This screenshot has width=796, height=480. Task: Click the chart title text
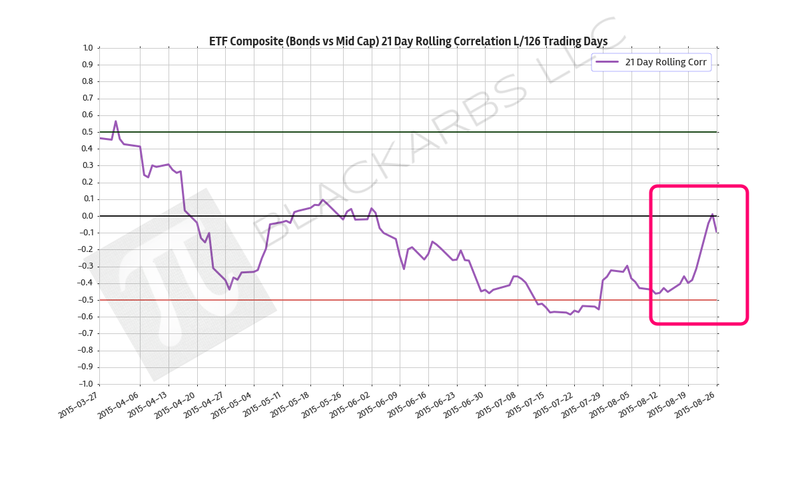pos(408,41)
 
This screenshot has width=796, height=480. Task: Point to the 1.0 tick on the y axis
pos(87,48)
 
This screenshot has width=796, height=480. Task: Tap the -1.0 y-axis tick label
pos(85,384)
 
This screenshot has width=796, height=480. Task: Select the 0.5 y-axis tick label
pos(87,132)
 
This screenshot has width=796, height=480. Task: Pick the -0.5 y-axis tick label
pos(85,300)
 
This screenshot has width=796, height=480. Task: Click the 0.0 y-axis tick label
pos(87,216)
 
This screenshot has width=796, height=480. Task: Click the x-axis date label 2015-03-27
pos(79,404)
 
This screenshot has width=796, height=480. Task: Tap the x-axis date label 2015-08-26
pos(697,404)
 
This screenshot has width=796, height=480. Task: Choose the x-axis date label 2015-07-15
pos(525,404)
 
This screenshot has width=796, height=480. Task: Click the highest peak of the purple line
pos(115,121)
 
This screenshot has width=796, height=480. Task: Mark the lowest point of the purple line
pos(570,314)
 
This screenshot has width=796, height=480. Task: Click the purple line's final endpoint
pos(716,231)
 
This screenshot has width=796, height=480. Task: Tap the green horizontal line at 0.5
pos(400,132)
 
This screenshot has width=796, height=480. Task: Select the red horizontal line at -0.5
pos(400,300)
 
